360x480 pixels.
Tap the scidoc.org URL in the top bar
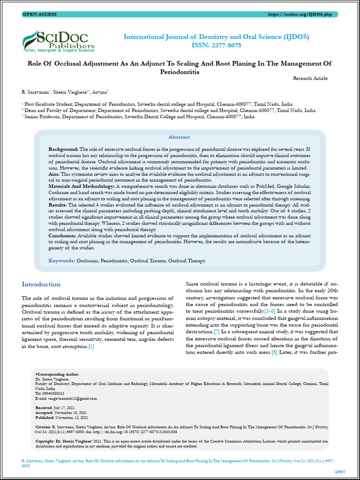pyautogui.click(x=299, y=15)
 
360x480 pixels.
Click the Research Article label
pyautogui.click(x=310, y=78)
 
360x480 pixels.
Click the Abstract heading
pyautogui.click(x=179, y=137)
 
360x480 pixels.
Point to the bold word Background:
pyautogui.click(x=64, y=149)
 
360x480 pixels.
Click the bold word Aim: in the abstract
pyautogui.click(x=54, y=173)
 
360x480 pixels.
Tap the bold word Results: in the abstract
pyautogui.click(x=58, y=205)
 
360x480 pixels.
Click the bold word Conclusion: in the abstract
pyautogui.click(x=63, y=236)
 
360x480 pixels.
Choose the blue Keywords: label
pyautogui.click(x=62, y=260)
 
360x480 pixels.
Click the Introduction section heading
pyautogui.click(x=41, y=284)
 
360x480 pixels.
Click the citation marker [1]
pyautogui.click(x=91, y=346)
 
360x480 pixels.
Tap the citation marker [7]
pyautogui.click(x=217, y=332)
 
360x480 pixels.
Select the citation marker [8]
pyautogui.click(x=275, y=352)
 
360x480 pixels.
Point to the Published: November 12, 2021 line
pyautogui.click(x=62, y=417)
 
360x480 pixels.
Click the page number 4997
pyautogui.click(x=340, y=471)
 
